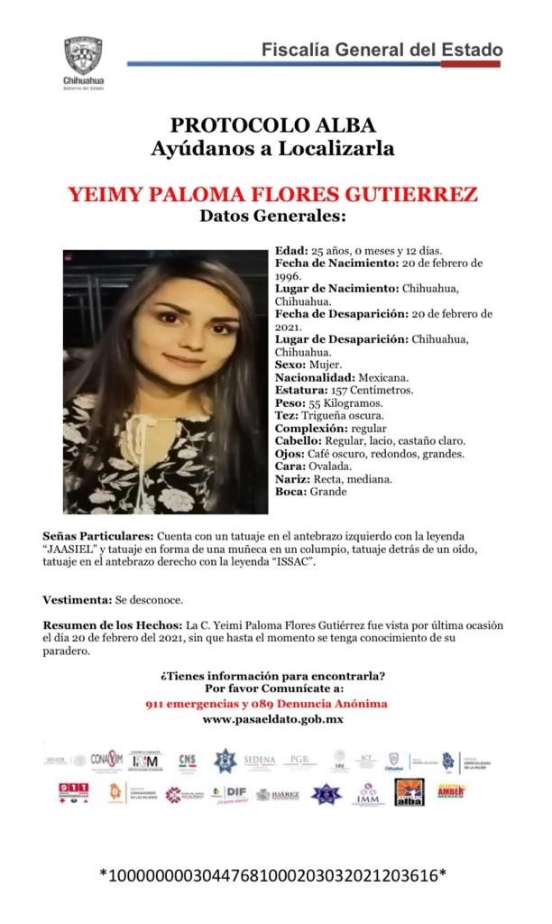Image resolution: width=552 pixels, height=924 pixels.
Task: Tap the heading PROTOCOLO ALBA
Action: coord(272,125)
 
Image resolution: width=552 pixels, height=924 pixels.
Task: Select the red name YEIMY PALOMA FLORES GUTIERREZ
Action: coord(272,195)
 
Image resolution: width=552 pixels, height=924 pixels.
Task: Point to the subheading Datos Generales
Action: coord(272,217)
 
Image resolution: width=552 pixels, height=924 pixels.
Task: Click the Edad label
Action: coord(291,250)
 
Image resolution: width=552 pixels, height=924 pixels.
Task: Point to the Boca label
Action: coord(289,492)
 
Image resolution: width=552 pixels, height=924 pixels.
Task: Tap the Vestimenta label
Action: coord(77,600)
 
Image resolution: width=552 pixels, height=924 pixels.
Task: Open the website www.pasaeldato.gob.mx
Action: coord(272,719)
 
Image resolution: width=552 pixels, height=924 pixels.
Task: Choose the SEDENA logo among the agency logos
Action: coord(260,761)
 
